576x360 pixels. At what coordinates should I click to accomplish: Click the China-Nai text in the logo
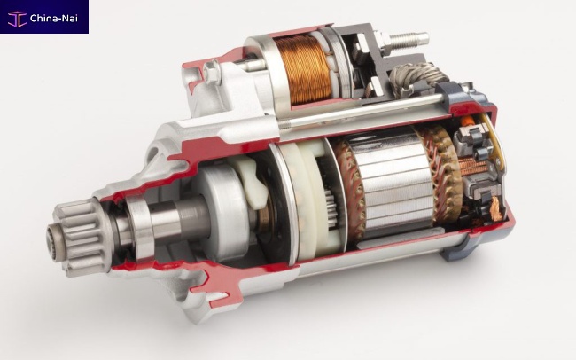(x=54, y=18)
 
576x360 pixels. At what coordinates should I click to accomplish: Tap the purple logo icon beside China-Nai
(x=17, y=19)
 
